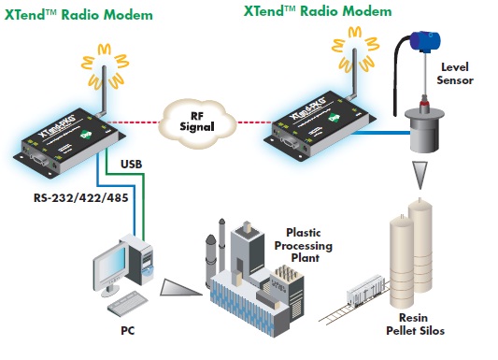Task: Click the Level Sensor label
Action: coord(456,74)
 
